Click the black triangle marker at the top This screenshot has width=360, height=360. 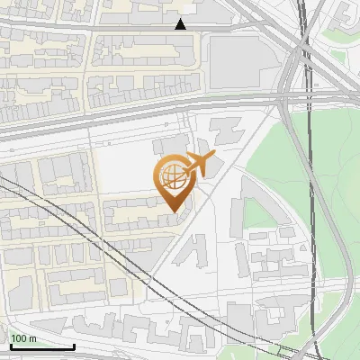[181, 23]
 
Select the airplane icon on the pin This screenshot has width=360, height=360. [195, 165]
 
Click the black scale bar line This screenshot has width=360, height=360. [41, 347]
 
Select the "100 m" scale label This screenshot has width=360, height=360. [25, 338]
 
